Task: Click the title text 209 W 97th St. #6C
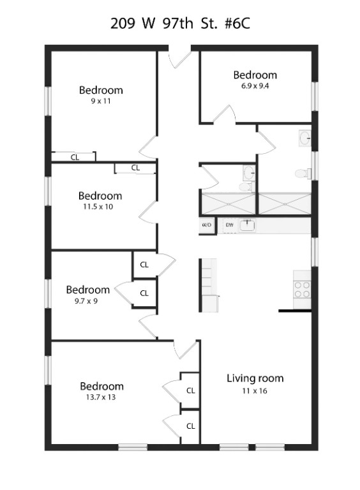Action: click(180, 24)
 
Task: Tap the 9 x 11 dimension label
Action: click(101, 101)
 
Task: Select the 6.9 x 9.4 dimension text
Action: click(255, 86)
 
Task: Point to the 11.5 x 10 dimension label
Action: click(98, 207)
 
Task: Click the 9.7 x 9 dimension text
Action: click(86, 301)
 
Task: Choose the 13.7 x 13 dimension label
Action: click(101, 397)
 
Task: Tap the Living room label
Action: click(255, 378)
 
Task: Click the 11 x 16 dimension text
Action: click(255, 391)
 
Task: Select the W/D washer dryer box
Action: click(207, 225)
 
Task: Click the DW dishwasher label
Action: click(229, 225)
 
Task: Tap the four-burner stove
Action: click(302, 290)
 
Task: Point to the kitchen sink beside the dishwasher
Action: click(248, 226)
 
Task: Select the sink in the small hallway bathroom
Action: click(249, 172)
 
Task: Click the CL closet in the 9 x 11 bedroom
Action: click(74, 157)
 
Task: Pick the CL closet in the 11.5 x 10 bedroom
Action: click(135, 168)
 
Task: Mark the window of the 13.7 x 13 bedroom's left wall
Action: click(48, 371)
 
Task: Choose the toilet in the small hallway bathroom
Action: click(246, 187)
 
